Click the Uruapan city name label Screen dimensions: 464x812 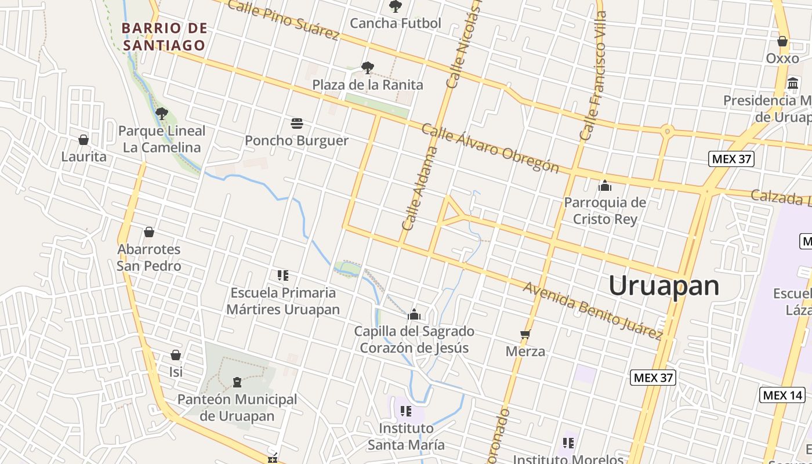(664, 285)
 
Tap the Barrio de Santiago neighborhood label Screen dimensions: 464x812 (164, 37)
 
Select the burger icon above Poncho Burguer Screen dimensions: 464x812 (297, 123)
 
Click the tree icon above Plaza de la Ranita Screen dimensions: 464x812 (367, 68)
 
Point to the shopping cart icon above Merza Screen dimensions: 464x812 (525, 334)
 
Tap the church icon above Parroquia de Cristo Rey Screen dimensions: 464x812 (605, 186)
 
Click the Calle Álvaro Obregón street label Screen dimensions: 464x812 (490, 148)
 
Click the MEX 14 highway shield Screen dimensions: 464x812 (782, 396)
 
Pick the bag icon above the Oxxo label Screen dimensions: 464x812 (782, 41)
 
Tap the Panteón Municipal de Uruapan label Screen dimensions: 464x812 (237, 408)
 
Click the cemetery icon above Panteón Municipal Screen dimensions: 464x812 (237, 382)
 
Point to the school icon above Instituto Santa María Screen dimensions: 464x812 (406, 411)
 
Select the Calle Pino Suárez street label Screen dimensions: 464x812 (283, 20)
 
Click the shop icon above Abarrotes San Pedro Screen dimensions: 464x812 (149, 232)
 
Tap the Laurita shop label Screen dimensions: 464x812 (84, 157)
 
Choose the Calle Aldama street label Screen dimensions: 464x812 (419, 188)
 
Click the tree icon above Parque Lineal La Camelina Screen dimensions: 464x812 (162, 113)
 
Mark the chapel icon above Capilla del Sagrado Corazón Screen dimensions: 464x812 (414, 314)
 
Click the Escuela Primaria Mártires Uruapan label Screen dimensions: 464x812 (283, 301)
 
